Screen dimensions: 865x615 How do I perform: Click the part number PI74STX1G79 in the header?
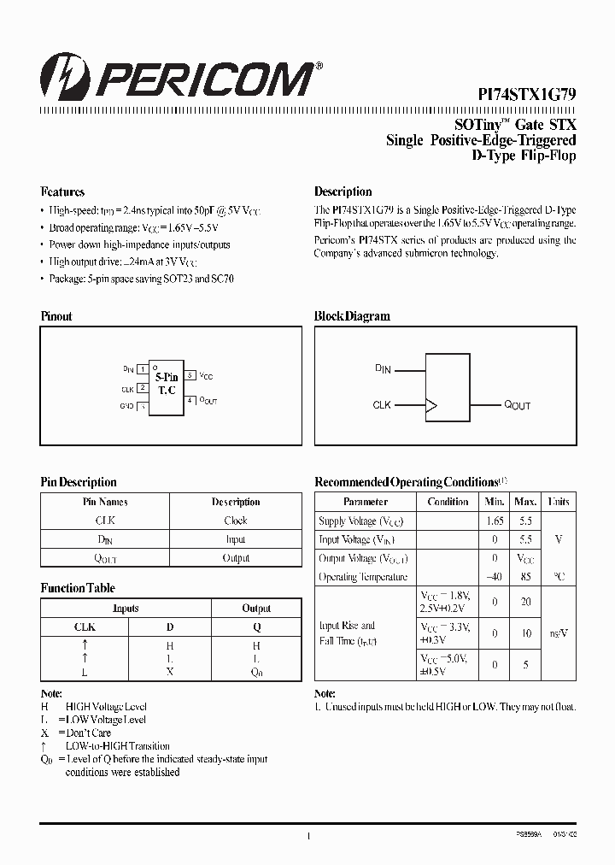pyautogui.click(x=526, y=97)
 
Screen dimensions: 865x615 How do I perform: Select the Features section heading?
pyautogui.click(x=62, y=191)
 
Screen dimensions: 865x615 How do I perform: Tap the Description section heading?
pyautogui.click(x=343, y=191)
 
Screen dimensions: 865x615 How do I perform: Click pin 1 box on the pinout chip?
pyautogui.click(x=143, y=369)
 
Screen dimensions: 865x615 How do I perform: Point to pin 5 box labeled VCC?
pyautogui.click(x=190, y=374)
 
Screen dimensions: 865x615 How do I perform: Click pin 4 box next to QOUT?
pyautogui.click(x=190, y=400)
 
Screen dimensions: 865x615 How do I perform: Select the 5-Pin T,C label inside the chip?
pyautogui.click(x=166, y=383)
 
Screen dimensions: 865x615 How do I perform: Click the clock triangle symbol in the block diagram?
pyautogui.click(x=431, y=404)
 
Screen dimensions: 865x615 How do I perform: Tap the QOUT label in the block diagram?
pyautogui.click(x=517, y=404)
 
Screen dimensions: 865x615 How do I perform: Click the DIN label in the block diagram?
pyautogui.click(x=383, y=369)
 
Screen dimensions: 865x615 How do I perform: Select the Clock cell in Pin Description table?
pyautogui.click(x=236, y=521)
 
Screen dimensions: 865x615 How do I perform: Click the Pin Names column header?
pyautogui.click(x=105, y=502)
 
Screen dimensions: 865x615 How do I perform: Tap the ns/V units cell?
pyautogui.click(x=559, y=633)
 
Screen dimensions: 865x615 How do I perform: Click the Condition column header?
pyautogui.click(x=448, y=502)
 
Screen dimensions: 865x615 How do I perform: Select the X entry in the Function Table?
pyautogui.click(x=170, y=672)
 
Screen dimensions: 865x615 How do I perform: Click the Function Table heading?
pyautogui.click(x=78, y=588)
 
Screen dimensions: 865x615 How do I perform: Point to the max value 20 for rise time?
pyautogui.click(x=526, y=602)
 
